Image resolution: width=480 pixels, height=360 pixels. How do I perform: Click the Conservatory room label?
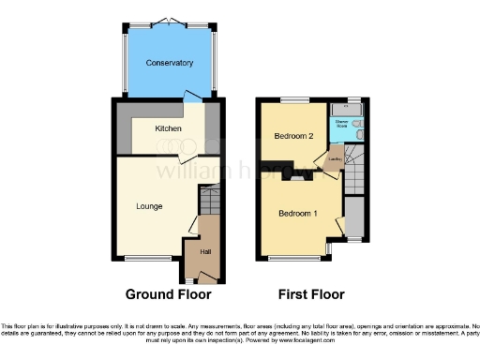click(x=169, y=63)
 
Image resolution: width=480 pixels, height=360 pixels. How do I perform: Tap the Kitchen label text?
click(x=169, y=128)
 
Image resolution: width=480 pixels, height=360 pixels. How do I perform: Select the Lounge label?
click(x=148, y=206)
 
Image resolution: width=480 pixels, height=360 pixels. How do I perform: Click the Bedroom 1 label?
click(x=297, y=214)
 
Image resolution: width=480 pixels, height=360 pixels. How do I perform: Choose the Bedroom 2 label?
click(x=292, y=137)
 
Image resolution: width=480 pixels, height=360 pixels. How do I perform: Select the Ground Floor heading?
click(x=161, y=293)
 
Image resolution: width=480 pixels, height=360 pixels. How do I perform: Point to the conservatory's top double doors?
click(x=169, y=20)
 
